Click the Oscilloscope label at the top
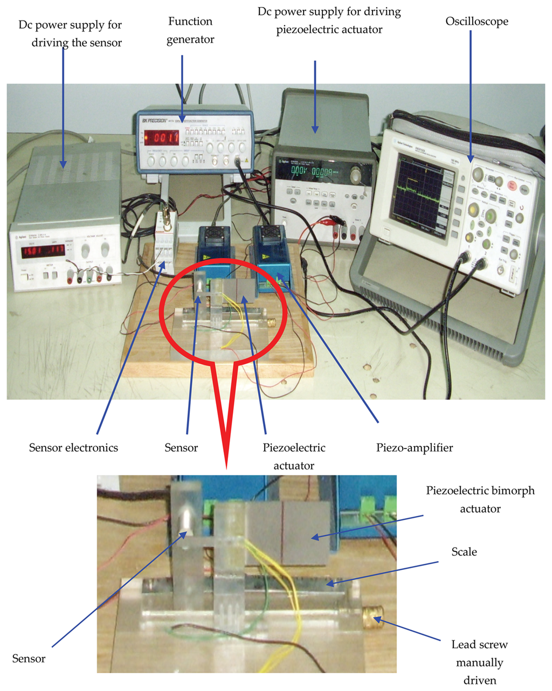(477, 22)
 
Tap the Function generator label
(190, 30)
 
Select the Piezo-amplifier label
(414, 447)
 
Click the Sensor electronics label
(73, 447)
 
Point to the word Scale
(464, 551)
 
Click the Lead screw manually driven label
(479, 662)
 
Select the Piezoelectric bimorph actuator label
(480, 499)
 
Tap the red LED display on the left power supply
(43, 251)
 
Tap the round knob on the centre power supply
(356, 175)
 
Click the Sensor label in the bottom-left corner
(29, 658)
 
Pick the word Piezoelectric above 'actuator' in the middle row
(294, 447)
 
